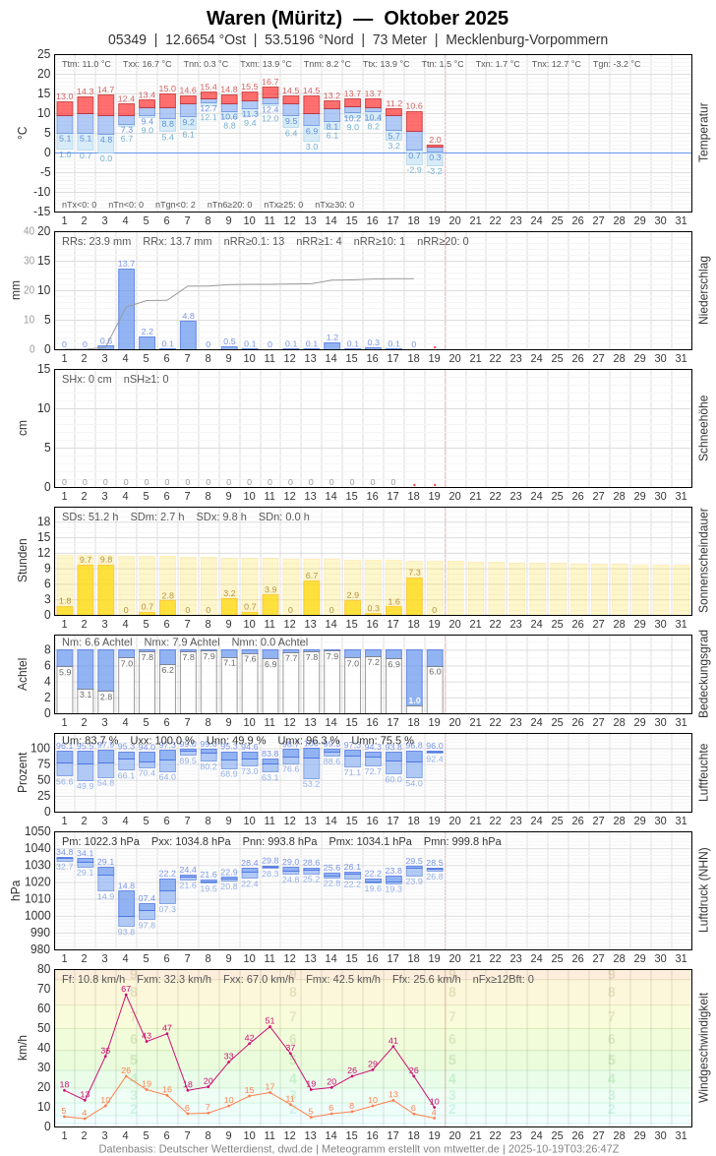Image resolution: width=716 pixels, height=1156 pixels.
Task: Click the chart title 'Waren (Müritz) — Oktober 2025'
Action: coord(357,18)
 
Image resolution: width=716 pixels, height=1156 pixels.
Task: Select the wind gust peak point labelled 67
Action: coord(126,995)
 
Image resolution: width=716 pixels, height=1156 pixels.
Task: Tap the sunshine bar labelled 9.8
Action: coord(105,589)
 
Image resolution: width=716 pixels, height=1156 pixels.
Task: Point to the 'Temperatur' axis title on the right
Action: coord(703,133)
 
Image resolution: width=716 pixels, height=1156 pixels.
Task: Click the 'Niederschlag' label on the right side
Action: coord(703,290)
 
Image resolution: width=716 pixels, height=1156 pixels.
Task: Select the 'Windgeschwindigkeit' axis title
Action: coord(703,1048)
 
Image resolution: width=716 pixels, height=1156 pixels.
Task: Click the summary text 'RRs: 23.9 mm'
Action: coord(96,241)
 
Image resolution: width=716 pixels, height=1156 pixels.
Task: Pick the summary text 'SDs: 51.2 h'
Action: coord(90,517)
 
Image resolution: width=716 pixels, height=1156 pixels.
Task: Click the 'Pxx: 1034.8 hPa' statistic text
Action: coord(191,841)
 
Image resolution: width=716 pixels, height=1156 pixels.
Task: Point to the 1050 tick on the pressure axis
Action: coord(37,831)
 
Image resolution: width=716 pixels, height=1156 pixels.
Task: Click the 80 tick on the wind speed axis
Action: coord(43,969)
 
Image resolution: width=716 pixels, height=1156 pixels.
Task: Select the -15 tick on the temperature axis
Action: coord(39,211)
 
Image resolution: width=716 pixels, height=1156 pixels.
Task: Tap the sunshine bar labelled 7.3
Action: coord(414,596)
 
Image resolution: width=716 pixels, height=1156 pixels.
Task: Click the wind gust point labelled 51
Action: coord(269,1026)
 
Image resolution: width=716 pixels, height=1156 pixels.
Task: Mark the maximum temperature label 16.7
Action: coord(269,82)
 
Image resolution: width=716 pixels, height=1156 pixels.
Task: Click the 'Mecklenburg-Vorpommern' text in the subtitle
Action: coord(526,39)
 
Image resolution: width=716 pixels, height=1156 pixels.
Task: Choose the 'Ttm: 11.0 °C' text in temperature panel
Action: coord(87,64)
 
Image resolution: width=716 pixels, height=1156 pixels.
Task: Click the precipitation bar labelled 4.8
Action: coord(188,335)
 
